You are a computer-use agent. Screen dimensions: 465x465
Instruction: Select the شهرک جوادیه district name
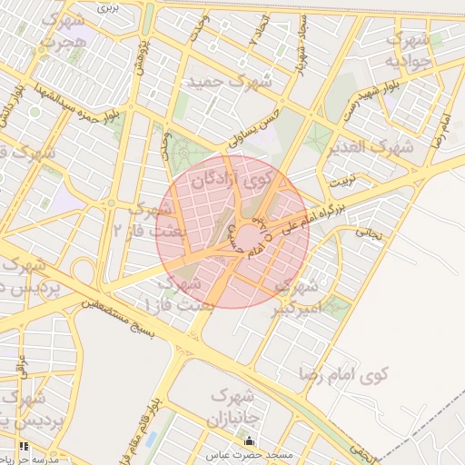click(405, 51)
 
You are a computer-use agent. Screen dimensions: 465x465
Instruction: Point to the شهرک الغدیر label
click(372, 145)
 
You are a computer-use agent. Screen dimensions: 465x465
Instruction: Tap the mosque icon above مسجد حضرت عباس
click(251, 442)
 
